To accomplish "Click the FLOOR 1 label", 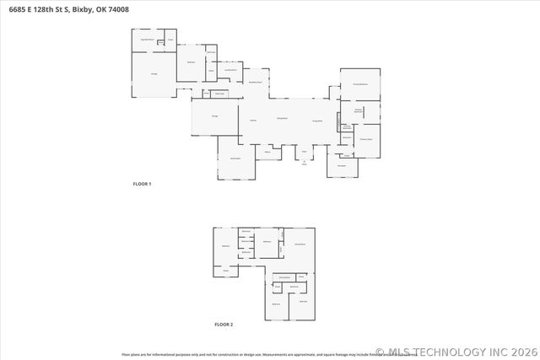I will (142, 183).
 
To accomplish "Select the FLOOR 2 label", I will (223, 324).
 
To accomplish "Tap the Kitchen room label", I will (252, 121).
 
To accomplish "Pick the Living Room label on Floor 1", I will (318, 121).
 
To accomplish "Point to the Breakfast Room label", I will (254, 83).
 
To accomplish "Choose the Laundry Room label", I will (218, 71).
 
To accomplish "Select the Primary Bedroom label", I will (359, 84).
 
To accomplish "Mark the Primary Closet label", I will (366, 138).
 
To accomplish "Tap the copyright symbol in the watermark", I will (380, 352).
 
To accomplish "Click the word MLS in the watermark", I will (401, 352).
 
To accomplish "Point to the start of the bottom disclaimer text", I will (123, 355).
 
